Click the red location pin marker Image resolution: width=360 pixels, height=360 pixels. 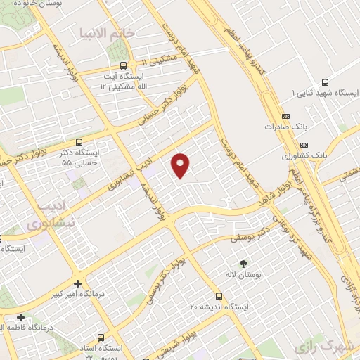pyautogui.click(x=181, y=165)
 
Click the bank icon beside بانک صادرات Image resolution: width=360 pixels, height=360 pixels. pyautogui.click(x=285, y=116)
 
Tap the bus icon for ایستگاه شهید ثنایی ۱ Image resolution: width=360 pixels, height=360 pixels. pyautogui.click(x=324, y=82)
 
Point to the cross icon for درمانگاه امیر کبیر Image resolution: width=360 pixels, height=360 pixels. pyautogui.click(x=78, y=281)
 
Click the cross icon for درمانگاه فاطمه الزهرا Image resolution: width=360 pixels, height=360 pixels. pyautogui.click(x=21, y=318)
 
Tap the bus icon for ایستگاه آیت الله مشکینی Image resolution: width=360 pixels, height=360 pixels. pyautogui.click(x=124, y=65)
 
